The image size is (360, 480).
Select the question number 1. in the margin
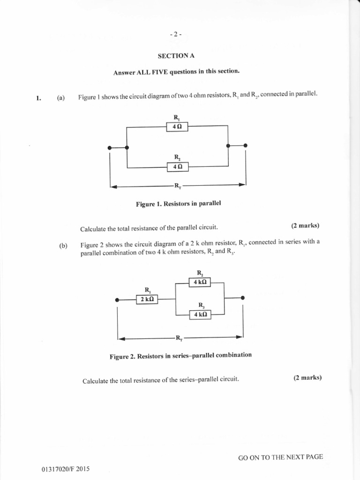tap(38, 98)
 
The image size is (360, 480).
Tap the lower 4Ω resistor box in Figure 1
tap(177, 166)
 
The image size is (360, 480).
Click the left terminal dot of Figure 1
tap(110, 148)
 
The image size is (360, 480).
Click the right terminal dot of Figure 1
tap(246, 146)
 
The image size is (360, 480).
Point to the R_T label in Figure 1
tap(178, 186)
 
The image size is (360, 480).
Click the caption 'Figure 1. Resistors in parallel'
tap(178, 204)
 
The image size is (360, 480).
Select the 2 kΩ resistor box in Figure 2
tap(147, 299)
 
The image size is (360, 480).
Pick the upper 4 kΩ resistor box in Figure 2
tap(200, 282)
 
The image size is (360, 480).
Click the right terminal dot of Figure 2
tap(243, 298)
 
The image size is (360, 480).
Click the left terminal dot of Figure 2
tap(117, 300)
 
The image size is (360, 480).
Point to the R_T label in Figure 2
tap(179, 337)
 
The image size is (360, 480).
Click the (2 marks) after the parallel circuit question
tap(305, 225)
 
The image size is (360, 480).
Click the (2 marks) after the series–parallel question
tap(307, 378)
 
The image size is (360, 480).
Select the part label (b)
tap(63, 246)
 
